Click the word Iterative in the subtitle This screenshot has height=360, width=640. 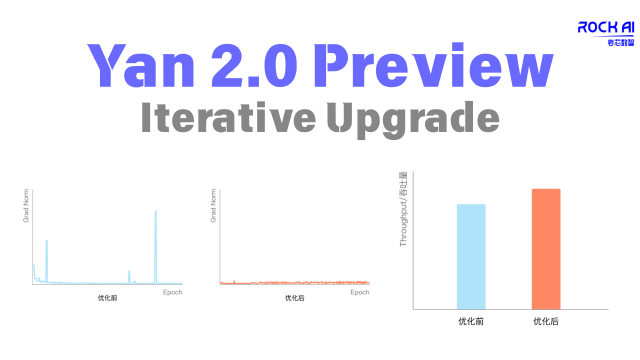coord(228,118)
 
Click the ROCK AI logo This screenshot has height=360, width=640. coord(605,27)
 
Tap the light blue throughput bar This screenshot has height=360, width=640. coord(471,256)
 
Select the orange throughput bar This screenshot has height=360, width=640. coord(546,249)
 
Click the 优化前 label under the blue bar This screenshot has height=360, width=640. coord(471,321)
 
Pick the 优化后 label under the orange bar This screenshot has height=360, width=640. coord(546,321)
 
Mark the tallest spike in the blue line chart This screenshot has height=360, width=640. coord(155,212)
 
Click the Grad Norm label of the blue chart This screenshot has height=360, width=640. coord(26,205)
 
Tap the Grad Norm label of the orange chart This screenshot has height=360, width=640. coord(213,205)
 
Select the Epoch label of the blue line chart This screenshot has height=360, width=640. coord(172,292)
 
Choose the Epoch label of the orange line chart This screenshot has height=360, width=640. coord(359,292)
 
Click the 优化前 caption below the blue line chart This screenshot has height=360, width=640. coord(107,298)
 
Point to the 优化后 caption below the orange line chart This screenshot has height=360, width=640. coord(294,298)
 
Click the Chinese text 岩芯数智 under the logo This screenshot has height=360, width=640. coord(620,42)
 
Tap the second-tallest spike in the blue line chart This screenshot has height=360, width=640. coord(46,242)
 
